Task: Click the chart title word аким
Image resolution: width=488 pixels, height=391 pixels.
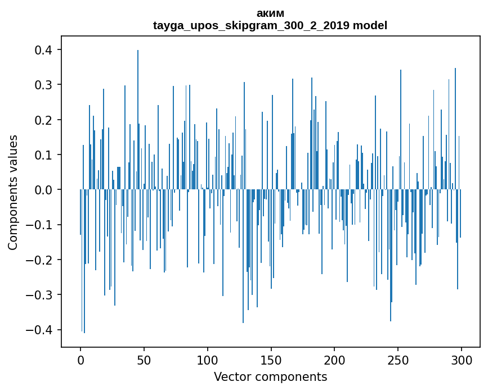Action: [270, 13]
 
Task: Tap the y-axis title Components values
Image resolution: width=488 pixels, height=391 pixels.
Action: [13, 192]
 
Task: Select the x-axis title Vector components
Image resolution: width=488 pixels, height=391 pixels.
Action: [270, 376]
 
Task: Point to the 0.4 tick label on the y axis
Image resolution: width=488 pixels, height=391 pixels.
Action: [44, 50]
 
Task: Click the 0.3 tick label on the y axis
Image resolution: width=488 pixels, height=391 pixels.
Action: [44, 85]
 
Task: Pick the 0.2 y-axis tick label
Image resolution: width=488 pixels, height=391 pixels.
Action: [44, 120]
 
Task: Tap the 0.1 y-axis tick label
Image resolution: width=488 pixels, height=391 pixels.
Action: [44, 155]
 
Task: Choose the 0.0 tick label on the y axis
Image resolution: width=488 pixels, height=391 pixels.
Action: [44, 190]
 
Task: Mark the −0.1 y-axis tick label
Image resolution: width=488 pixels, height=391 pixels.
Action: [41, 225]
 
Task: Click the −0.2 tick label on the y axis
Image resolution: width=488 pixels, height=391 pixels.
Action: [41, 260]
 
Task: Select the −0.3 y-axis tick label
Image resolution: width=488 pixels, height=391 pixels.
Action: [41, 295]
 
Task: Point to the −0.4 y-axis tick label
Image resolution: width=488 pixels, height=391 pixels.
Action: [41, 330]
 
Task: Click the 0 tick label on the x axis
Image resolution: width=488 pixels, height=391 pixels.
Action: [80, 359]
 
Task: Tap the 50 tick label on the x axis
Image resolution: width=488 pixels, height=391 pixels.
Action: [144, 359]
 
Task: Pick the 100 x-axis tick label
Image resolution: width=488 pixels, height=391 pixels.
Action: [208, 359]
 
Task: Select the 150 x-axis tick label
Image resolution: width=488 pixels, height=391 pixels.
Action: [271, 359]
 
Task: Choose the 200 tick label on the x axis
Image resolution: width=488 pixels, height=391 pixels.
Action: [334, 359]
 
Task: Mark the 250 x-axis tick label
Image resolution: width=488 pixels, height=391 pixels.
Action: [398, 359]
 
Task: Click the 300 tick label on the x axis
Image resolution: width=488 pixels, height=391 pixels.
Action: [462, 359]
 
